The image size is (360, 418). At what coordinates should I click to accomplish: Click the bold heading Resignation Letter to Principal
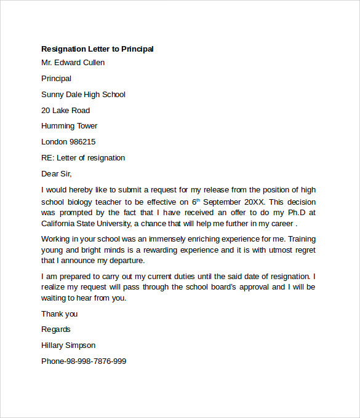tap(97, 49)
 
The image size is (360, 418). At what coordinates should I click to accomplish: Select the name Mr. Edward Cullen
tap(73, 63)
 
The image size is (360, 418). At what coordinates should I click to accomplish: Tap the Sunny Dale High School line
tap(83, 95)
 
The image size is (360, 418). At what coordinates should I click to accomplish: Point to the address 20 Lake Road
tap(65, 111)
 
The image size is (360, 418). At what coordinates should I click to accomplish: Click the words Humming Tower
tap(69, 126)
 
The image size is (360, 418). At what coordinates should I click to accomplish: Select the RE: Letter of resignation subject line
tap(83, 158)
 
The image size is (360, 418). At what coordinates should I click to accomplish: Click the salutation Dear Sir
tap(57, 174)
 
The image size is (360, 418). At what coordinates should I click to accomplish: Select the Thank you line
tap(59, 314)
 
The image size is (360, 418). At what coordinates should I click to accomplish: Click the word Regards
tap(56, 329)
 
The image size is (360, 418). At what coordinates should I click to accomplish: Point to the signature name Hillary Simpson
tap(68, 345)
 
